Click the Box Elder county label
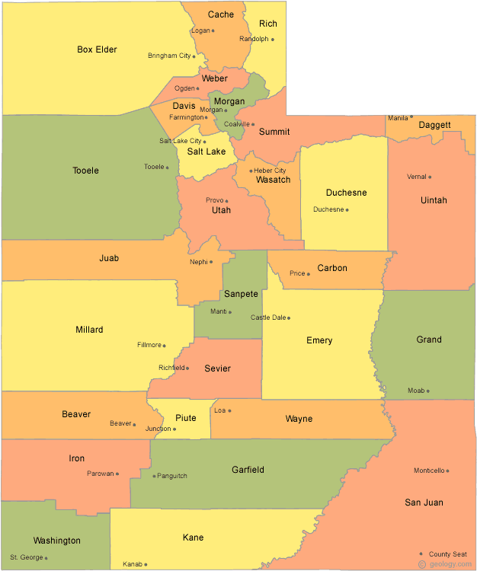click(97, 49)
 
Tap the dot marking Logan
click(213, 30)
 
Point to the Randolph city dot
click(272, 39)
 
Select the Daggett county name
click(434, 124)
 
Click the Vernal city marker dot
click(430, 177)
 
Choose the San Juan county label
click(424, 502)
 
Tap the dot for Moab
click(427, 391)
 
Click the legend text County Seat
click(449, 553)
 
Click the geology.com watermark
click(451, 563)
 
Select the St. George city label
click(27, 557)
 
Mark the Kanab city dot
click(146, 564)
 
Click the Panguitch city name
click(172, 476)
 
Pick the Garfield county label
click(248, 470)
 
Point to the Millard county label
click(89, 330)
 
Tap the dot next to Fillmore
click(164, 345)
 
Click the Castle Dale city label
click(267, 317)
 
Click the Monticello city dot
click(447, 471)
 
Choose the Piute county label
click(186, 418)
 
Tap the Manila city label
click(398, 118)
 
